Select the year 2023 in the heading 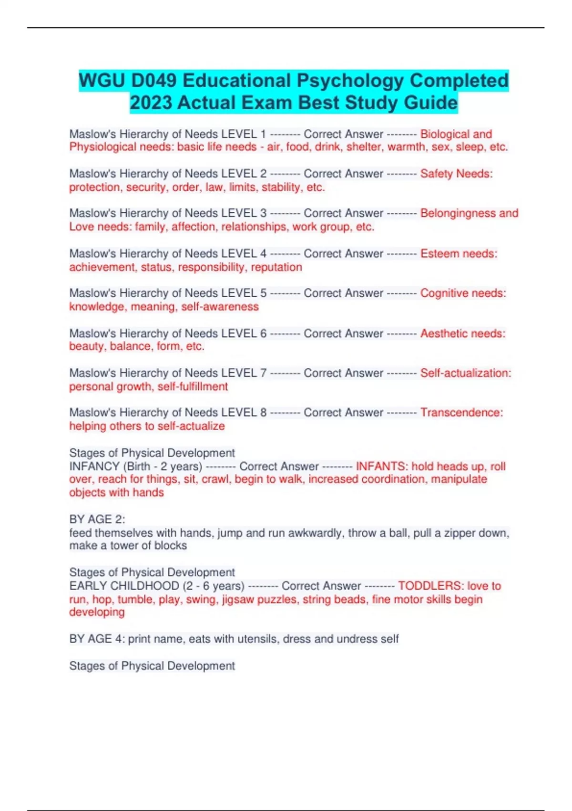click(151, 103)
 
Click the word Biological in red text click(444, 134)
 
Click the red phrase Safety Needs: click(456, 174)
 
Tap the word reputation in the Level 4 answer click(276, 267)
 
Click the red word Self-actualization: click(465, 373)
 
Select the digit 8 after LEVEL click(263, 413)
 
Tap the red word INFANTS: click(382, 466)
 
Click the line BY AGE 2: click(97, 519)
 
